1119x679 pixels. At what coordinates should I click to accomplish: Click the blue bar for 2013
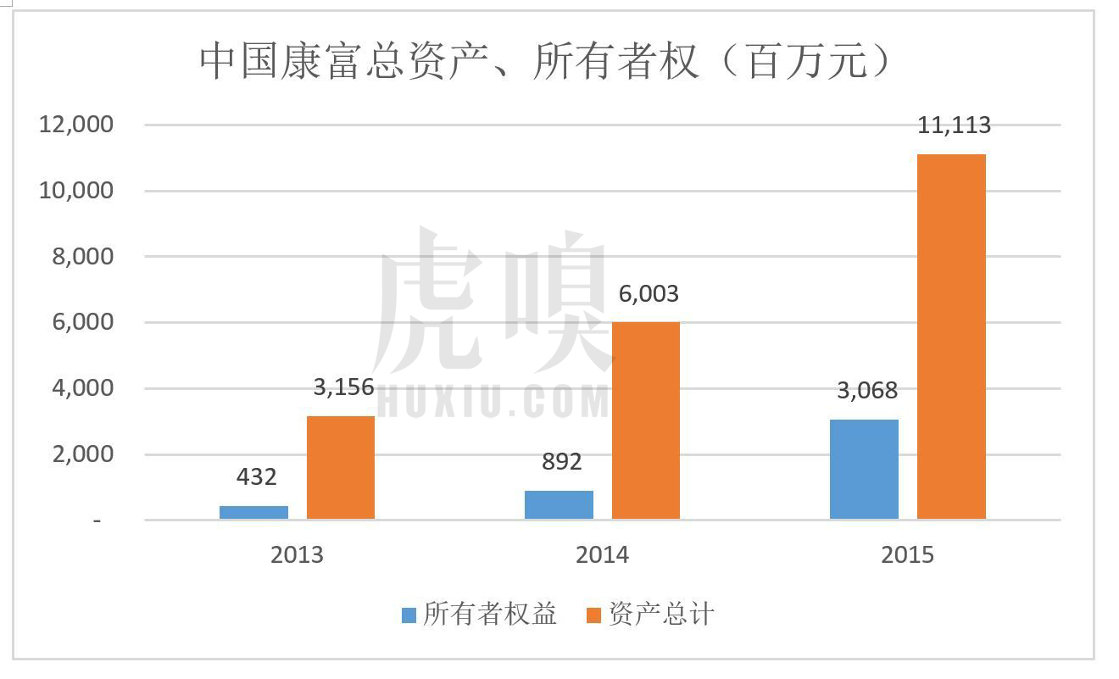coord(253,512)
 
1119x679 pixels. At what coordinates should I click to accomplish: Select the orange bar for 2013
coord(340,467)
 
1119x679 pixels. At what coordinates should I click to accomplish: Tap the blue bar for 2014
coord(559,504)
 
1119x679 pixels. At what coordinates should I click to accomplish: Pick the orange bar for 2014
coord(645,420)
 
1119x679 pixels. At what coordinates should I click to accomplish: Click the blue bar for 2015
coord(864,469)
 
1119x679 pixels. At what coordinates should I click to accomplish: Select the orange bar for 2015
coord(951,337)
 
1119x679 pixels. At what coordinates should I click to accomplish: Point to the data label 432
coord(256,477)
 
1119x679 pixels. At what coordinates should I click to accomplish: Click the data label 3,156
coord(343,387)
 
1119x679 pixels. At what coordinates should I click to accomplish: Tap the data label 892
coord(561,462)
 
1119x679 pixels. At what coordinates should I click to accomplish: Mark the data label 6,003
coord(649,294)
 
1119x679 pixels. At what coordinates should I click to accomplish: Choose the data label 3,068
coord(866,391)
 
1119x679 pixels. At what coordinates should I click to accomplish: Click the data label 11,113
coord(954,125)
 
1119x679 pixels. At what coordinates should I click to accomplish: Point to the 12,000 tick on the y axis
coord(76,125)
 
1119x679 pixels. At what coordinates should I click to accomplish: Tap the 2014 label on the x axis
coord(602,555)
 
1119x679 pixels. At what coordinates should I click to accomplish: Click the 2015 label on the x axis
coord(907,555)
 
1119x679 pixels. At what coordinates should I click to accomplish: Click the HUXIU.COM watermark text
coord(492,401)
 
